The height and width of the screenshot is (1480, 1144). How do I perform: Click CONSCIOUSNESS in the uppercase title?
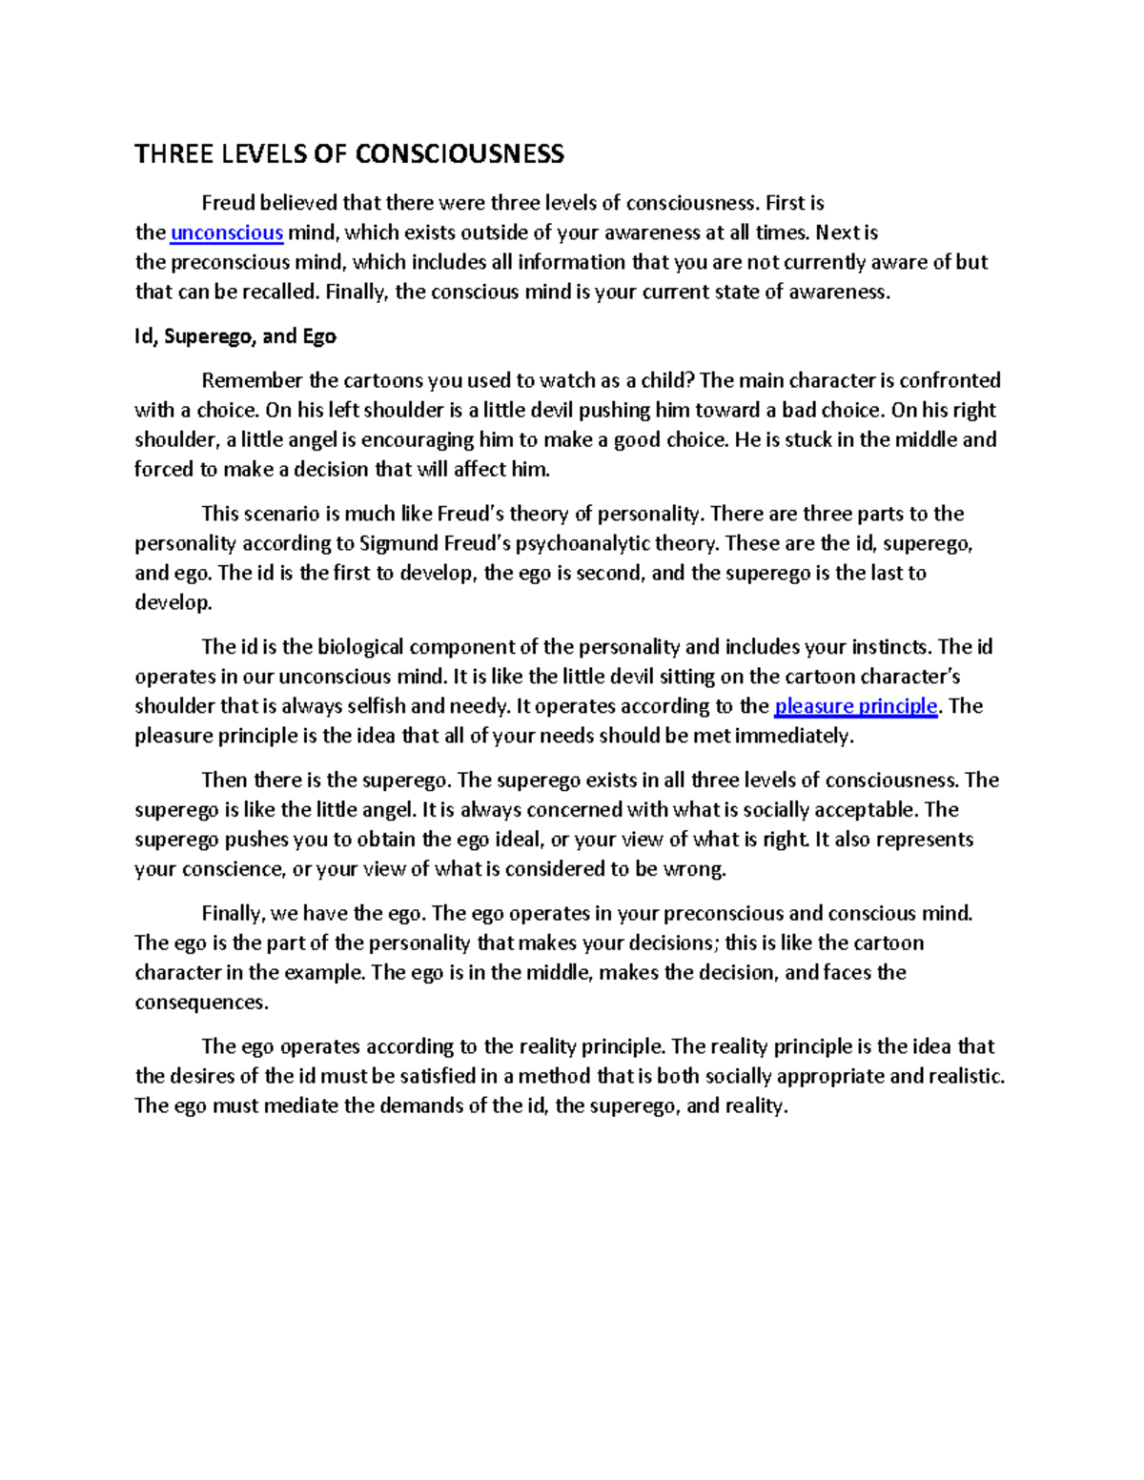click(459, 154)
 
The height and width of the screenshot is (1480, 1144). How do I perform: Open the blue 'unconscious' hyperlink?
click(227, 233)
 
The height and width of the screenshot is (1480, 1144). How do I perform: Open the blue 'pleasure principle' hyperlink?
click(856, 706)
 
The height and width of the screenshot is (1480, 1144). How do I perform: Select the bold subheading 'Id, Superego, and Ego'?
click(235, 336)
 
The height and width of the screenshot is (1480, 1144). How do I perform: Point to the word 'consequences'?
click(201, 1003)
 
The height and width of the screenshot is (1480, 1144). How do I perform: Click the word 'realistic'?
click(961, 1077)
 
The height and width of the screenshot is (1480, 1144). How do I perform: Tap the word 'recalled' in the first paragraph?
click(279, 293)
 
